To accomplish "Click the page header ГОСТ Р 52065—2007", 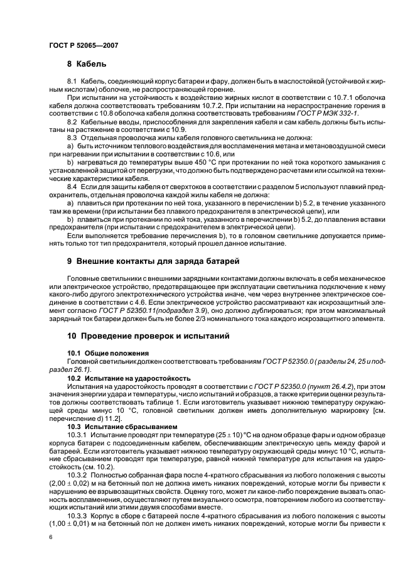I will point(84,46).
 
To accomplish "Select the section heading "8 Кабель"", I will point(87,64).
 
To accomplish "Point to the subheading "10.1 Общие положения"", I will point(107,353).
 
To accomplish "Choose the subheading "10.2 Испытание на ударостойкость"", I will point(129,378).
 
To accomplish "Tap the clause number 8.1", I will point(72,83).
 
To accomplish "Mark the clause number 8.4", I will point(72,187).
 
